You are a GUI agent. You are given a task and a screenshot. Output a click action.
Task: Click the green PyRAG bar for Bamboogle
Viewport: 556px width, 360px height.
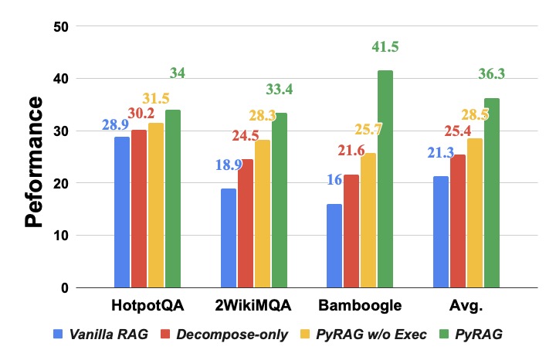point(385,178)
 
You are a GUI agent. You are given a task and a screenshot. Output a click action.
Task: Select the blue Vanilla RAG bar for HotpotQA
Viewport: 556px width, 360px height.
point(122,212)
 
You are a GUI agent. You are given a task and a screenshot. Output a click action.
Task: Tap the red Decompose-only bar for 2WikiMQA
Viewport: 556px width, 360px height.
point(246,223)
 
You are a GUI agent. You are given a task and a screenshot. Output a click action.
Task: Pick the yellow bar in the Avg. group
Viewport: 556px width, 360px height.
point(475,212)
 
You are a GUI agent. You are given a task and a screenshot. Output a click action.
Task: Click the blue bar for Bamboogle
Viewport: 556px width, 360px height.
point(334,246)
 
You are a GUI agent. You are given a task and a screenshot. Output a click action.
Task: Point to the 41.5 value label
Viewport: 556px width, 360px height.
point(385,47)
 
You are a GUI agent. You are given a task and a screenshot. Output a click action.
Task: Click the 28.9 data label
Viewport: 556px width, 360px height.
point(116,125)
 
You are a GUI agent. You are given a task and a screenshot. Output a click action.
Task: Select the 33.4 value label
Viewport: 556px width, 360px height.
point(280,90)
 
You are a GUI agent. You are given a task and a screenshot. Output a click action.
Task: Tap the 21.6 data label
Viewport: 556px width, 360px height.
point(351,151)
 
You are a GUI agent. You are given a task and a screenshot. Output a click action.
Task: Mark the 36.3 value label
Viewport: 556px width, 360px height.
point(491,73)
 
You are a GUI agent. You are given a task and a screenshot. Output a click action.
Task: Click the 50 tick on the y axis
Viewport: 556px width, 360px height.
point(61,26)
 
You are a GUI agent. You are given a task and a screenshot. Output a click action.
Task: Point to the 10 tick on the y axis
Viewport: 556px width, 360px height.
point(61,235)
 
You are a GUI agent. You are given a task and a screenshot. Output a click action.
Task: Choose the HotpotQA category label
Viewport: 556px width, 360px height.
point(147,305)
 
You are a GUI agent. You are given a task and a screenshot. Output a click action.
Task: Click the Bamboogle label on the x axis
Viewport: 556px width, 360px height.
point(360,305)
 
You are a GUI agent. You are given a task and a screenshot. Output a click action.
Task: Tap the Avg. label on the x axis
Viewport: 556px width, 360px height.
point(466,305)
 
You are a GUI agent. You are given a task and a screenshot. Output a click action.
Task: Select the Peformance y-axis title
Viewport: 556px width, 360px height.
point(34,161)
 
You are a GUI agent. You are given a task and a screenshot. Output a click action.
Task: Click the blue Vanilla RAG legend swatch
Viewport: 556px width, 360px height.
point(58,334)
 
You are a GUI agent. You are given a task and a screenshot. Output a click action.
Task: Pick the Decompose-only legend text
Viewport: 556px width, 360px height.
point(232,335)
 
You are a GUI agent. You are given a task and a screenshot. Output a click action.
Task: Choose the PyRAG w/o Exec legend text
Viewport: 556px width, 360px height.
point(371,335)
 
